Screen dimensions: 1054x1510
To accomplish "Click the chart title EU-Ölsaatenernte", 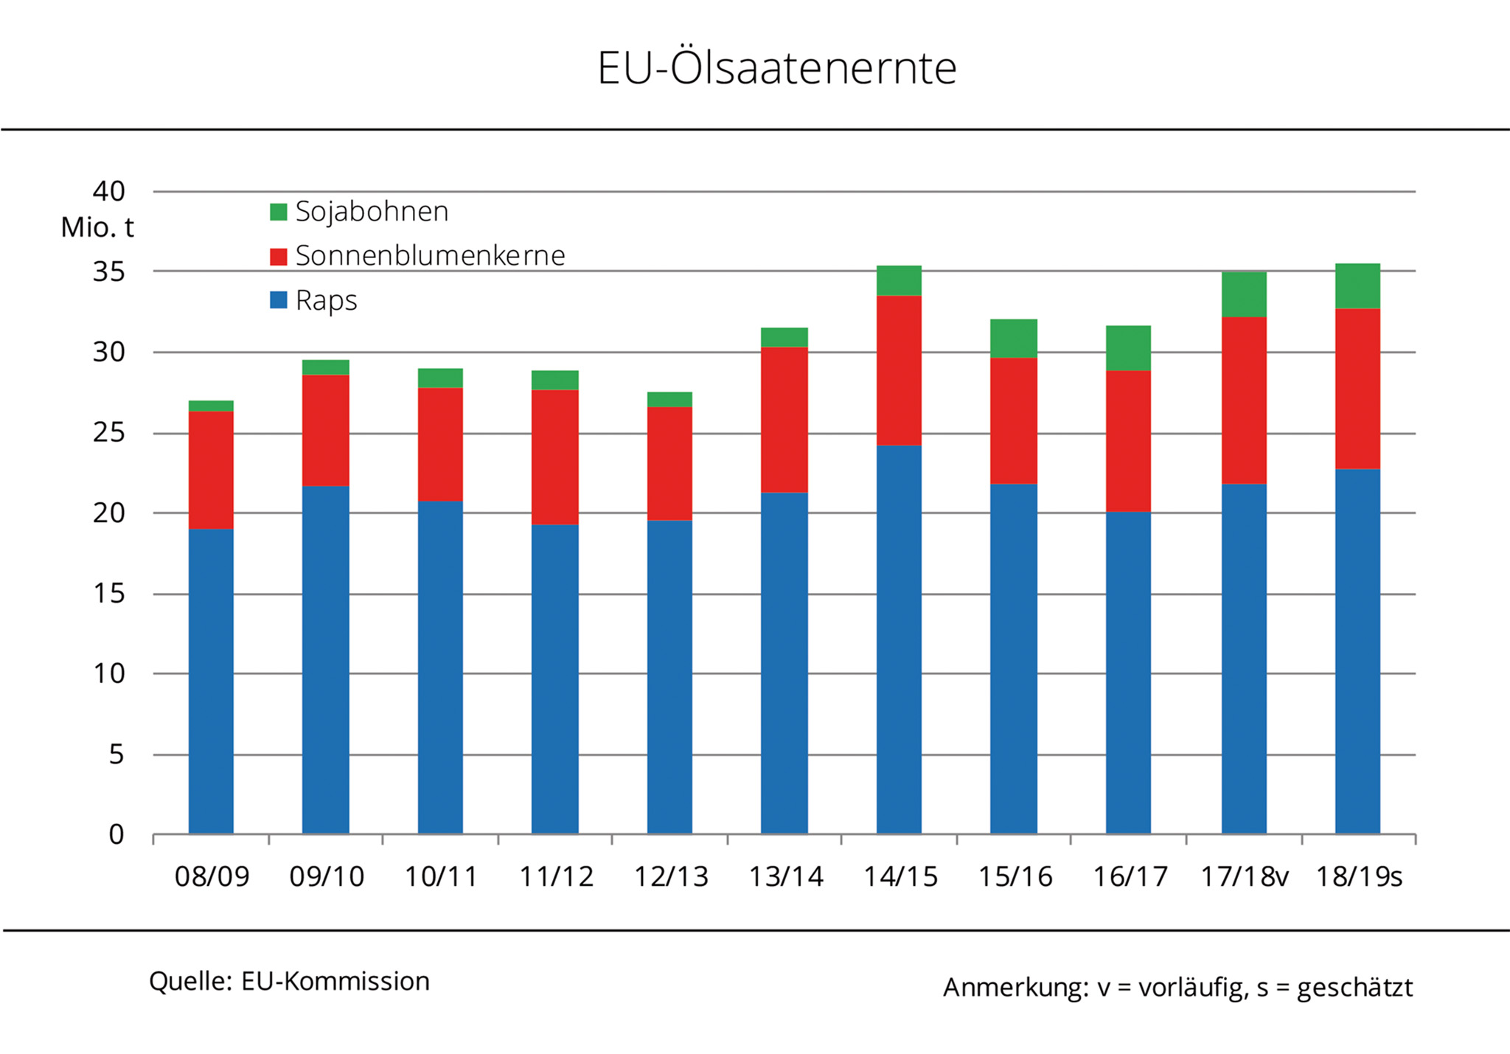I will (x=776, y=68).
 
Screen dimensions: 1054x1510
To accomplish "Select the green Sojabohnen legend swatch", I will (x=278, y=212).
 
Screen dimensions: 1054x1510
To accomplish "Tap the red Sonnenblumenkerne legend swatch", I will (x=278, y=257).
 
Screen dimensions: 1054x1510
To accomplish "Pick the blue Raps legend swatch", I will (x=278, y=300).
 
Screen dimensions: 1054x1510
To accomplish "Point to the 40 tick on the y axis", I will (x=108, y=192).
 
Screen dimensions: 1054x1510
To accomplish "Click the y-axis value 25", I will (x=108, y=433).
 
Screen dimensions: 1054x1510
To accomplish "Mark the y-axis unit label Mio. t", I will (x=97, y=227).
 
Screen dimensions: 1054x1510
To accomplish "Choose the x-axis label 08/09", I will (x=212, y=877).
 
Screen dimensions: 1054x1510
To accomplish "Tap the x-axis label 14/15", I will (x=900, y=877).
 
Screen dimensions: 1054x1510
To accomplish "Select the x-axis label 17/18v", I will (x=1245, y=877).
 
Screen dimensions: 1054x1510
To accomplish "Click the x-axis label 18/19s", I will (x=1359, y=877).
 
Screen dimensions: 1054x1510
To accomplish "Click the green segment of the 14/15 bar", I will (x=899, y=280).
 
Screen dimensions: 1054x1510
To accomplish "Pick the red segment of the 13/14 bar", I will (x=784, y=419).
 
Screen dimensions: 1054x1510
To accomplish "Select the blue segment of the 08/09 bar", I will (x=211, y=681).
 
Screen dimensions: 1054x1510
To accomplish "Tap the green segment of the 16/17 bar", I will (x=1128, y=348).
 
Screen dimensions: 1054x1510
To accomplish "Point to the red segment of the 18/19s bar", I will (x=1357, y=389).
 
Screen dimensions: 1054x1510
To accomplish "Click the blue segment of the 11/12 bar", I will (x=554, y=679).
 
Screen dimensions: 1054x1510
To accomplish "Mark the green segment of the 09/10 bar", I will (x=325, y=367).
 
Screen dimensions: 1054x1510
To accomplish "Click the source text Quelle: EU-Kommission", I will (x=289, y=982).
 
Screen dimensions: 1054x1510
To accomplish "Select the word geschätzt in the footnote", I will (x=1354, y=988).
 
